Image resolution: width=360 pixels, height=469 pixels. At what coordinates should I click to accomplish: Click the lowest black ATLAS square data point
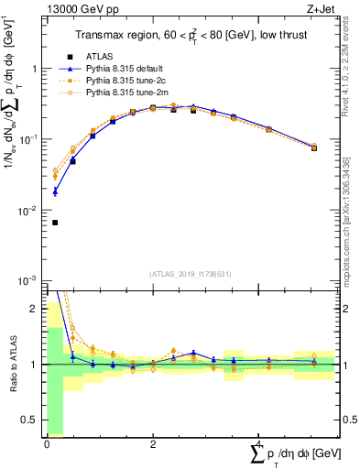(55, 223)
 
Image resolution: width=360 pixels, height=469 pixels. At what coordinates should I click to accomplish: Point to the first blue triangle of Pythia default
(55, 191)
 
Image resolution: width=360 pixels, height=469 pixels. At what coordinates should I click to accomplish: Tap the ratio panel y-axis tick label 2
(36, 309)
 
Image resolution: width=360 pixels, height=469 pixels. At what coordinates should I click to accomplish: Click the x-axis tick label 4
(259, 444)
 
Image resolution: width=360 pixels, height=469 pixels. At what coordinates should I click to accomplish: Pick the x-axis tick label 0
(47, 444)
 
